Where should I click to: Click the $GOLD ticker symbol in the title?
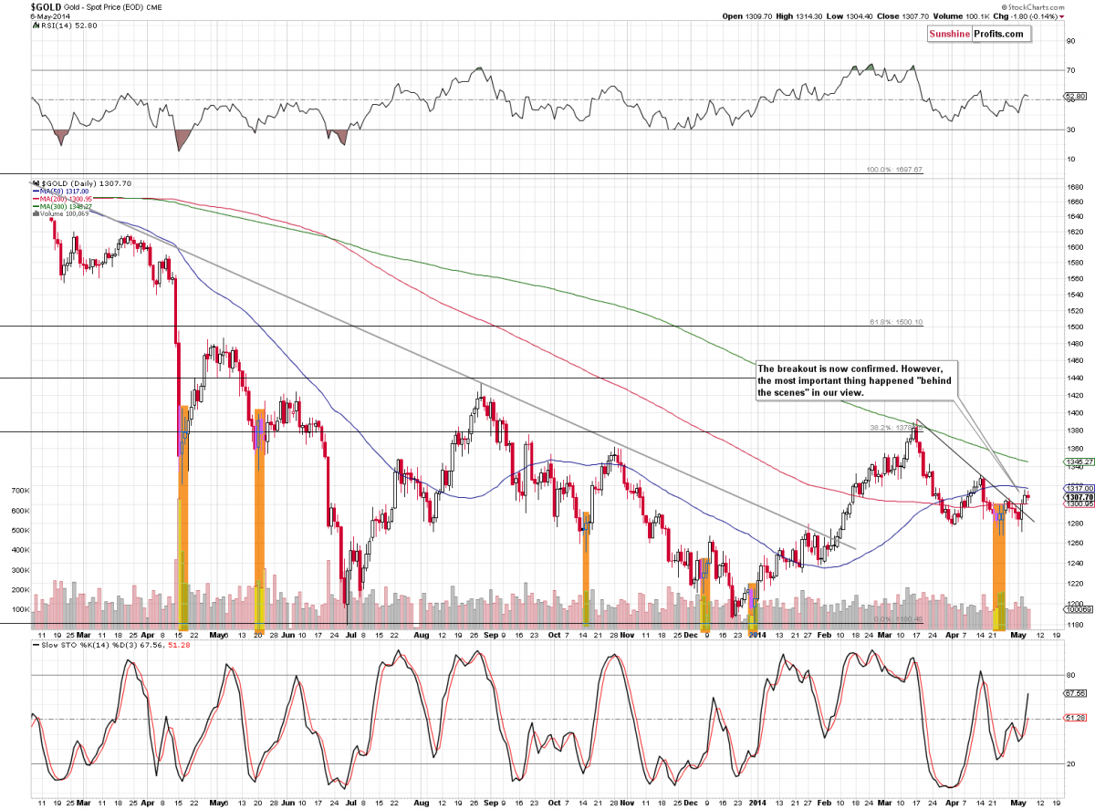click(x=20, y=7)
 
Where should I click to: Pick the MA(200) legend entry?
click(x=60, y=199)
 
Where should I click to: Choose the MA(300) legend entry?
click(x=60, y=207)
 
